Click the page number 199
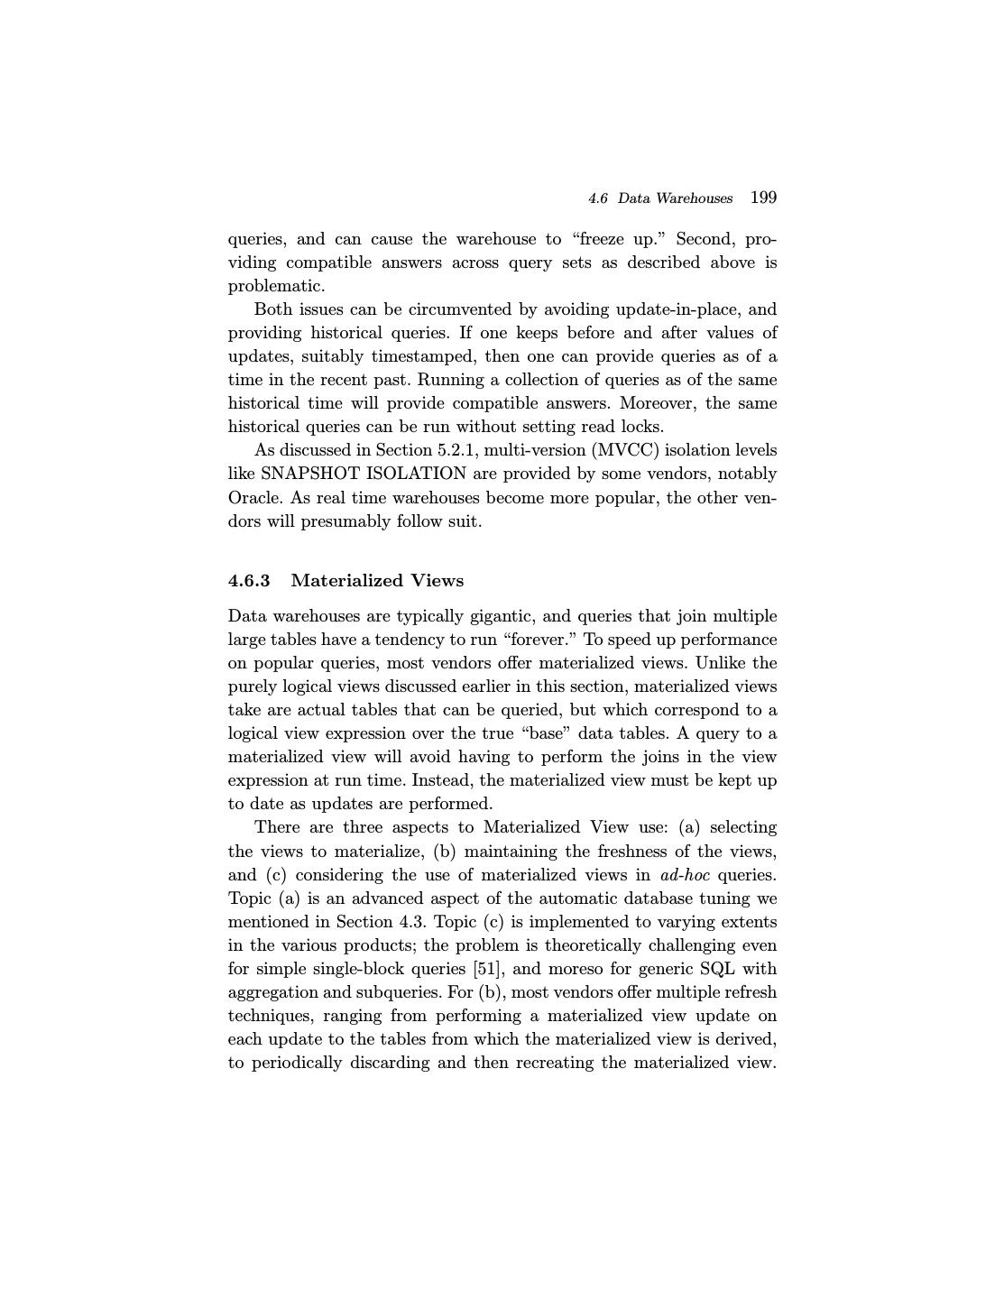tap(763, 198)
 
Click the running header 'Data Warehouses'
tap(675, 198)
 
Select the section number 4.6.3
tap(249, 580)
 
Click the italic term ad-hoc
tap(685, 875)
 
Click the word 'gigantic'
tap(501, 616)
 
